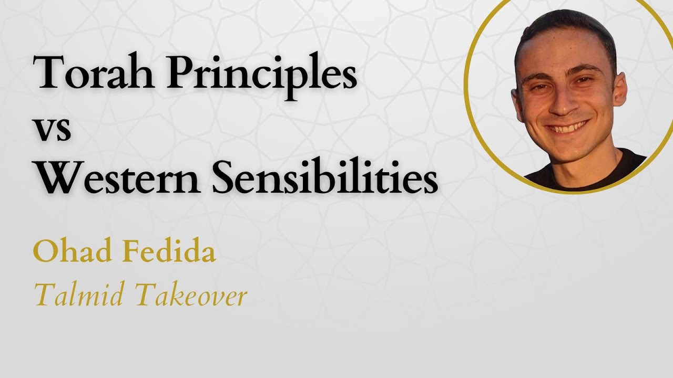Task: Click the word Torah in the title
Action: tap(95, 73)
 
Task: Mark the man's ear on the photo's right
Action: tap(620, 89)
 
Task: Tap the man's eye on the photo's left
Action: tap(539, 87)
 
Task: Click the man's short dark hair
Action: tap(563, 24)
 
